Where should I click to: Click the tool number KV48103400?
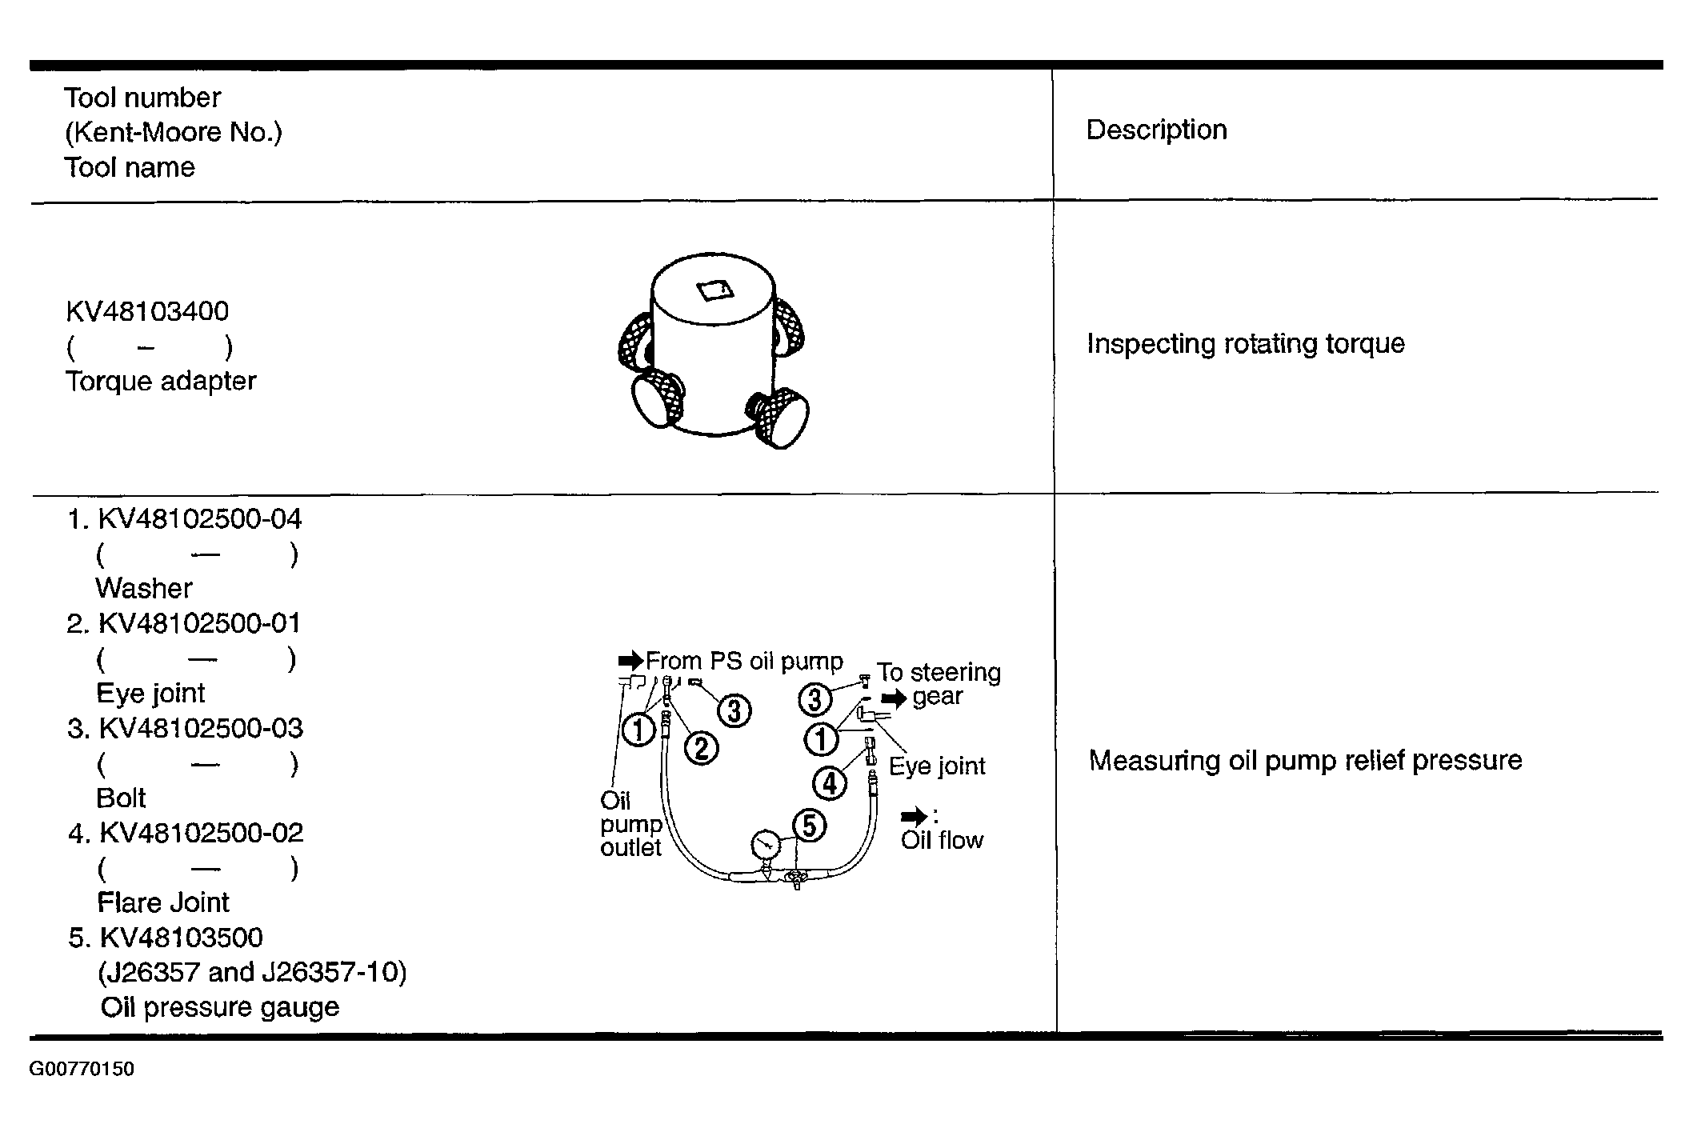[147, 311]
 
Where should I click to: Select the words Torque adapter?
[161, 381]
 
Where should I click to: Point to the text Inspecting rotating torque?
[1246, 344]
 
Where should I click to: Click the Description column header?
[1156, 130]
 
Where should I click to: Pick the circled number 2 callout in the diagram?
[702, 748]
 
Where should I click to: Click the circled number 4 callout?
[830, 782]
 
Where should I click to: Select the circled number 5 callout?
[809, 826]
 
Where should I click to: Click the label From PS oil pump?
[744, 662]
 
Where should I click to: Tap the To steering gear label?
[939, 684]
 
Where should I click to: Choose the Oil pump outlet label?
[631, 824]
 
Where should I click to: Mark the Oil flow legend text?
[942, 840]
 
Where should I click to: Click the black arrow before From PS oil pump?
[630, 661]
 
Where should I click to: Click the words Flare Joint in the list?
[163, 902]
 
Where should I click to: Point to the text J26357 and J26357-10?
[252, 972]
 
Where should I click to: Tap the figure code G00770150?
[82, 1069]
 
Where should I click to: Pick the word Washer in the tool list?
[144, 589]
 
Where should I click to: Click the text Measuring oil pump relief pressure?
[1306, 760]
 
